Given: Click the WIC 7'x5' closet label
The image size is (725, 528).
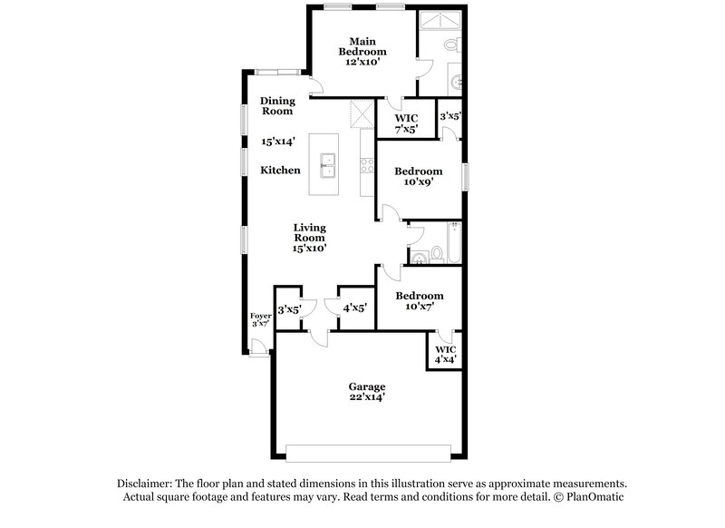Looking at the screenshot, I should (x=406, y=122).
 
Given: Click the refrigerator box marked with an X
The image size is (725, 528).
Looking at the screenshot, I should (x=361, y=115).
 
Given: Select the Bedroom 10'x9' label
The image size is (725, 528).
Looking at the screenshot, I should (x=418, y=176).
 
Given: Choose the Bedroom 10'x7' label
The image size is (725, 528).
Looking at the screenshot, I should (x=418, y=301).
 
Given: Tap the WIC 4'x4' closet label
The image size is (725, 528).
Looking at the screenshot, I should (x=445, y=354).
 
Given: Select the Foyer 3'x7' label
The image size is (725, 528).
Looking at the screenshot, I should (x=260, y=319).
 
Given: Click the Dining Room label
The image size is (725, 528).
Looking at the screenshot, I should (x=277, y=106).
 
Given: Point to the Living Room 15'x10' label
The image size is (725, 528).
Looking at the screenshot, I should (x=309, y=237).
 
